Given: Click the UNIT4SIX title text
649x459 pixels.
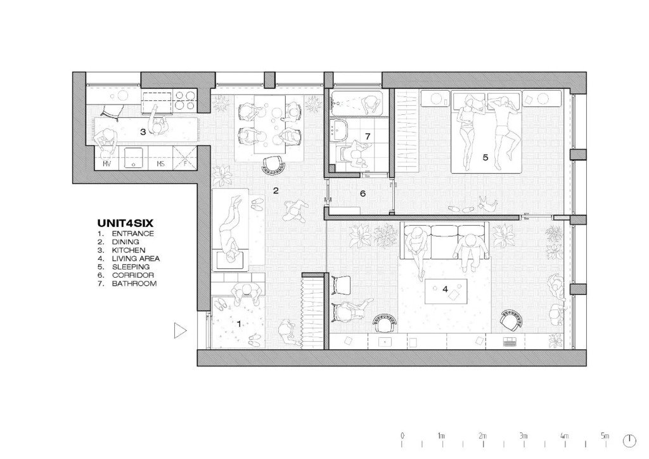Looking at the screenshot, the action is (x=125, y=223).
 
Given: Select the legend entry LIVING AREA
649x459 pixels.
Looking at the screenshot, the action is (x=136, y=259).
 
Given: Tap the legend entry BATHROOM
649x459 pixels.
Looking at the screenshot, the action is (x=134, y=283).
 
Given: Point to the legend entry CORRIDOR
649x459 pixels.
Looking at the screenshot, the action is (x=133, y=275).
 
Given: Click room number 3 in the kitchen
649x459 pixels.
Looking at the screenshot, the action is (x=143, y=133).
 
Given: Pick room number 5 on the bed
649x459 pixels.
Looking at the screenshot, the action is (x=485, y=157).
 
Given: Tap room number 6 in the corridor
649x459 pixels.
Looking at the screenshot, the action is (x=363, y=193).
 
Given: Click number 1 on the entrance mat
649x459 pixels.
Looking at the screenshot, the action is (x=239, y=324).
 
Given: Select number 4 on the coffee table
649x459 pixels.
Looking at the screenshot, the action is (x=446, y=289).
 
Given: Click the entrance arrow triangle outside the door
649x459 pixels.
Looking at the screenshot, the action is (x=179, y=331).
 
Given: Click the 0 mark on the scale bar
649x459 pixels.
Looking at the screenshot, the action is (x=402, y=436).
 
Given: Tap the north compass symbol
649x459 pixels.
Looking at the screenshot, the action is (x=629, y=441).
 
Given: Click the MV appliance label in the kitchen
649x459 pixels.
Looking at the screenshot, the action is (x=107, y=164).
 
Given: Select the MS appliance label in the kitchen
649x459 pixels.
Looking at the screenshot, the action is (x=161, y=164).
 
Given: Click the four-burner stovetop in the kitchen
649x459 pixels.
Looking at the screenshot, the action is (x=185, y=100).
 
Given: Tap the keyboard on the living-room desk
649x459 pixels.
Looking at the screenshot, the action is (x=510, y=342).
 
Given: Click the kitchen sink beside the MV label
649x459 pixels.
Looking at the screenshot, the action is (x=134, y=158).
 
